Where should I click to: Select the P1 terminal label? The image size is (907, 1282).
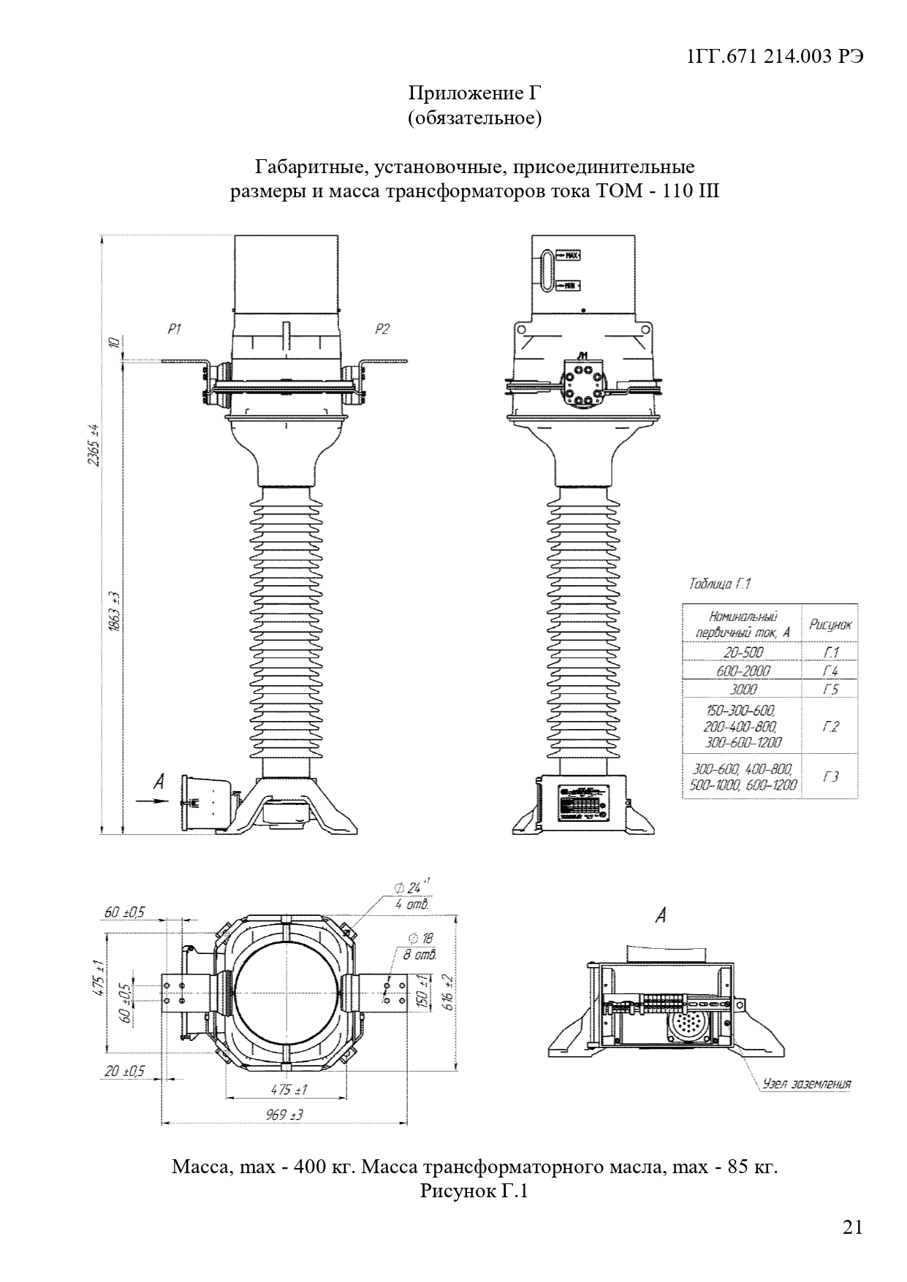point(174,329)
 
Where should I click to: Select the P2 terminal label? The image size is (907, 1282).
point(382,329)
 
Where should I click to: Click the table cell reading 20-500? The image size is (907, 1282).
point(743,652)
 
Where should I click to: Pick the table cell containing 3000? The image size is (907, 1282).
point(743,689)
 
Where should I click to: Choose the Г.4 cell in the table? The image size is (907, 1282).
point(830,671)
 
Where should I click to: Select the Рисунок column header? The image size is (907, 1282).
point(830,625)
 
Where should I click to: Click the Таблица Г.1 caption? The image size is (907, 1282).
point(720,584)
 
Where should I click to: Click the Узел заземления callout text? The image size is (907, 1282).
point(806,1083)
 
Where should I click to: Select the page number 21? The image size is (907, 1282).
point(853,1227)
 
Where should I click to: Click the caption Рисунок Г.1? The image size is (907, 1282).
point(474,1191)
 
